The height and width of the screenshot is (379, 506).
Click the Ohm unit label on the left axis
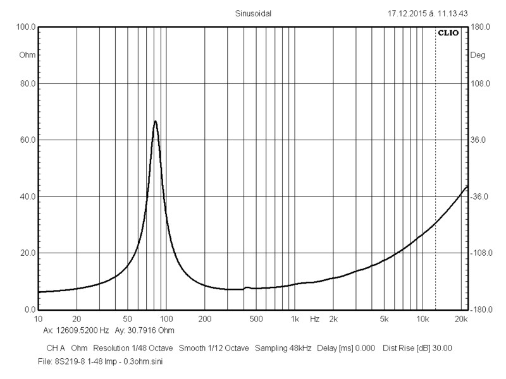coord(27,55)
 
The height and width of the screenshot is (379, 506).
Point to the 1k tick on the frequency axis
coord(294,320)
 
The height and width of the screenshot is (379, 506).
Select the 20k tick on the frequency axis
coord(462,320)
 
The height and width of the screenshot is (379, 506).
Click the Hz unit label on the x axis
coord(314,320)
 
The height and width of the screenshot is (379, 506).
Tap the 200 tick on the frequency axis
coord(204,320)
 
